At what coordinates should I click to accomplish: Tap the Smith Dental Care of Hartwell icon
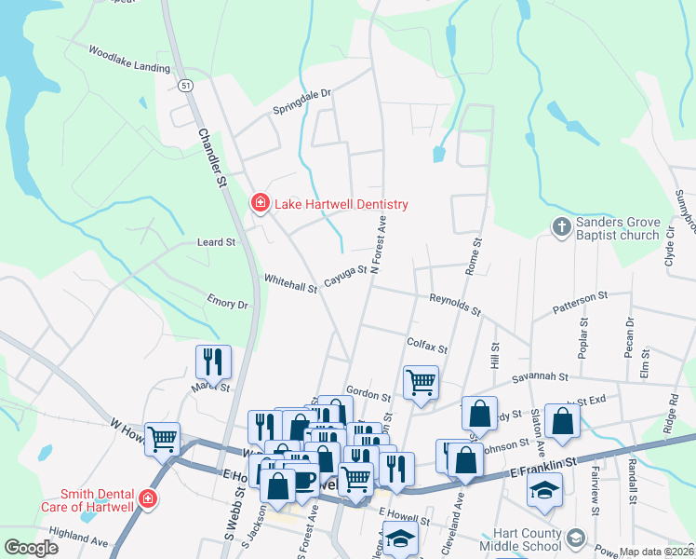click(146, 500)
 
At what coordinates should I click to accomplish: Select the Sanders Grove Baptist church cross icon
click(561, 226)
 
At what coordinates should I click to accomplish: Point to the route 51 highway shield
click(187, 85)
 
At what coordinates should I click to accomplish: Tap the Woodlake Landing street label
click(129, 59)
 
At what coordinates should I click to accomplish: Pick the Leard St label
click(216, 242)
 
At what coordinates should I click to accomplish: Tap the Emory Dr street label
click(229, 304)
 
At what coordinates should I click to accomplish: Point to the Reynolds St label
click(454, 304)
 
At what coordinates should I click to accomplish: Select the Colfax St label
click(427, 345)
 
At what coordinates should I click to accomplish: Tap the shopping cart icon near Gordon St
click(421, 381)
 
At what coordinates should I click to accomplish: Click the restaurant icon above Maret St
click(213, 361)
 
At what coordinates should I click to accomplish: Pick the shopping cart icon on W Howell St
click(163, 438)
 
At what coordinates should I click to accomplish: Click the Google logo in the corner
click(31, 548)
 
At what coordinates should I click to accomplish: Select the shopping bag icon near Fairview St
click(563, 420)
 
